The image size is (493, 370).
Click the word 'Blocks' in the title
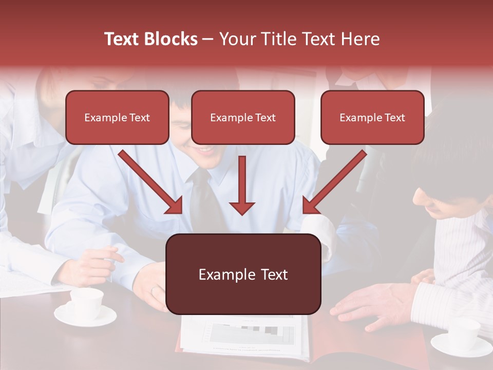[172, 39]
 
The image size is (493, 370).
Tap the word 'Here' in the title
[361, 39]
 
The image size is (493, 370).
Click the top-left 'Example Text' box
[117, 117]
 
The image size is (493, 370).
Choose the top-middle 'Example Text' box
[243, 117]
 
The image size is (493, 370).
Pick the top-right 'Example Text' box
[372, 117]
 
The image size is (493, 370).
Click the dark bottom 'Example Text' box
[243, 274]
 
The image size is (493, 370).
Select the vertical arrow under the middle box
[242, 185]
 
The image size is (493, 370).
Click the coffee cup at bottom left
[86, 302]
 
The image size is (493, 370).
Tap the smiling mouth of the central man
[206, 150]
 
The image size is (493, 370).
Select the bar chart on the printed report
[252, 334]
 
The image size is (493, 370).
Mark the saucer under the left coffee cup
[86, 316]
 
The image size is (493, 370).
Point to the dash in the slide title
[208, 39]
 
